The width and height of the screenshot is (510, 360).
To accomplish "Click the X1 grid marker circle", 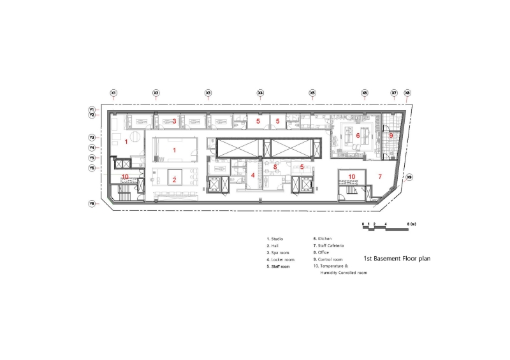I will (x=113, y=93).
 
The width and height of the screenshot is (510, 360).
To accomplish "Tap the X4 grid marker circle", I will (x=260, y=93).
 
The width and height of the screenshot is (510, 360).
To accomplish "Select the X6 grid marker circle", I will (x=365, y=93).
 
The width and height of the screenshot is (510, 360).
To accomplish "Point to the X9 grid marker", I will (x=409, y=177).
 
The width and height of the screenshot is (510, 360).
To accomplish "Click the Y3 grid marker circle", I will (x=92, y=137).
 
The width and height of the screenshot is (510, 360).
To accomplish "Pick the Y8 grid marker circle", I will (x=92, y=203).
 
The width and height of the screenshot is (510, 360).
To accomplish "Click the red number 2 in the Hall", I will (x=173, y=180).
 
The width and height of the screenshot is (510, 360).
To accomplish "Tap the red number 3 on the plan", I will (x=174, y=121).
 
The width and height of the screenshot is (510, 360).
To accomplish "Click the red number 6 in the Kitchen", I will (x=358, y=135).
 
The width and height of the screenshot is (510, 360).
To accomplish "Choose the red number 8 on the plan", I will (x=275, y=167).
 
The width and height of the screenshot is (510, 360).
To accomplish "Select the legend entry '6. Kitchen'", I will (x=323, y=239).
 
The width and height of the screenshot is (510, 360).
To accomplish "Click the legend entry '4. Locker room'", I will (x=281, y=260).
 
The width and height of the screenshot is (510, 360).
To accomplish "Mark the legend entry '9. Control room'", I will (x=328, y=260).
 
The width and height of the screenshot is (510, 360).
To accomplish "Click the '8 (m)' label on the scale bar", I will (x=412, y=224).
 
